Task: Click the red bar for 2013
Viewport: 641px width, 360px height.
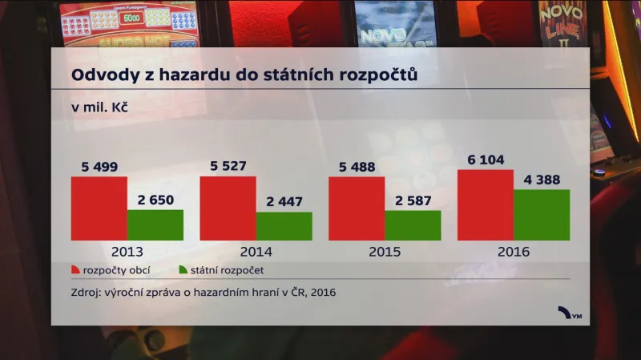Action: (x=99, y=208)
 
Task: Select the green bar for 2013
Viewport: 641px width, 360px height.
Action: (x=155, y=225)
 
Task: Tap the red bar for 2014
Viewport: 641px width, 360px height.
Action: (x=228, y=208)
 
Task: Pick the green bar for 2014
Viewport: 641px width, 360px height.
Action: (x=284, y=227)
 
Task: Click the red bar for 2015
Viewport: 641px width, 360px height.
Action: (x=357, y=208)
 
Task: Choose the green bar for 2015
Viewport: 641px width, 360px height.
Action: (x=413, y=226)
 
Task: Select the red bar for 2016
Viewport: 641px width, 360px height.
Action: (x=485, y=205)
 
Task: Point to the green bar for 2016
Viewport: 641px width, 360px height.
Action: (x=542, y=215)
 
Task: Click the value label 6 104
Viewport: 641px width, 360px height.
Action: (x=485, y=160)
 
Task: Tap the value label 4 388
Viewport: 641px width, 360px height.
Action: (x=542, y=180)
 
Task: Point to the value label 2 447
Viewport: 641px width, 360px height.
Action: (x=284, y=202)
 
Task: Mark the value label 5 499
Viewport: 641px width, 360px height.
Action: (x=99, y=167)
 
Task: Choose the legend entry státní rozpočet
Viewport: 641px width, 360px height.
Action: (x=227, y=271)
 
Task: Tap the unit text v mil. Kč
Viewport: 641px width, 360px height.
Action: (x=100, y=106)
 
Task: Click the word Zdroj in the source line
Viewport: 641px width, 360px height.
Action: (x=87, y=293)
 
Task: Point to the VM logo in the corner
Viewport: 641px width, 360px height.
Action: (x=570, y=313)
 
